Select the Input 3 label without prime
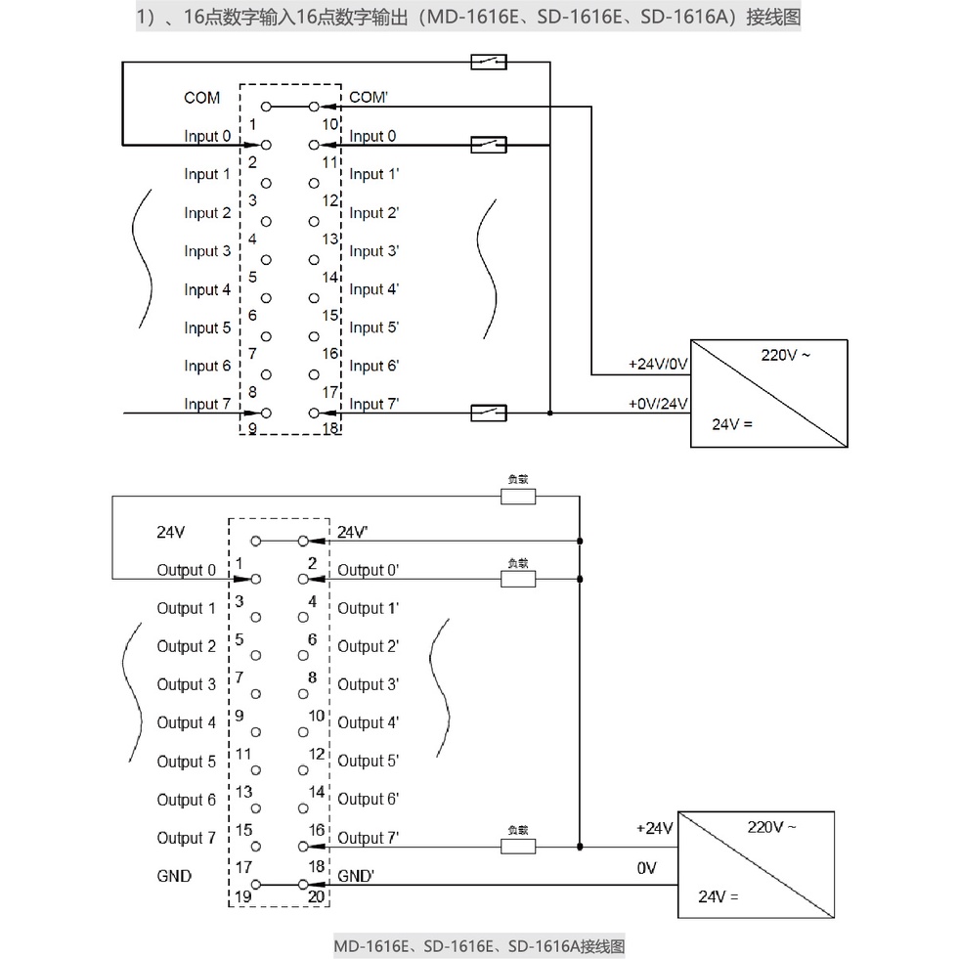207,251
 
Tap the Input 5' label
373,327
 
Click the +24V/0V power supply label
658,365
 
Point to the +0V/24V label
658,403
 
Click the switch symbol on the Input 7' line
489,413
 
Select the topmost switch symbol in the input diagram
489,63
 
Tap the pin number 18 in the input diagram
330,428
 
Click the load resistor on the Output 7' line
517,846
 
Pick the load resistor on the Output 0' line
517,579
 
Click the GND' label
357,876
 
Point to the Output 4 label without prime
186,723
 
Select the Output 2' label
368,647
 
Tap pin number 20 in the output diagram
316,894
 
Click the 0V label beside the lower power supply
647,868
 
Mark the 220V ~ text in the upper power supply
785,355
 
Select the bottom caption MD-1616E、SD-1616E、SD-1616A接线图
479,946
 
